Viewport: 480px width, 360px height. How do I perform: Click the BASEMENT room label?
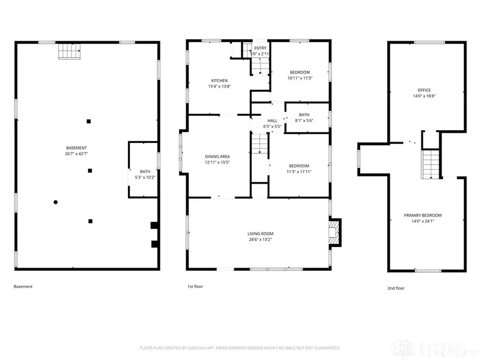point(77,148)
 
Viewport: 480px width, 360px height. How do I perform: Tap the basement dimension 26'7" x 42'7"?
point(77,154)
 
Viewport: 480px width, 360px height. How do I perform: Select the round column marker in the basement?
point(55,202)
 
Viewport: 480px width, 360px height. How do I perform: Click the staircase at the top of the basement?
point(69,52)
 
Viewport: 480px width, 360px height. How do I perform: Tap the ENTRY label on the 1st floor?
point(260,49)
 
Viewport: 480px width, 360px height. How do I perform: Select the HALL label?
point(273,121)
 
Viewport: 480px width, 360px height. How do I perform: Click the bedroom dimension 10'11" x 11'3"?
point(300,78)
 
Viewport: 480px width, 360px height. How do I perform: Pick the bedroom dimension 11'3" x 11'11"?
point(299,172)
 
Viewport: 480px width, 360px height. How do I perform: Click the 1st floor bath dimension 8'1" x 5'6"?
point(304,121)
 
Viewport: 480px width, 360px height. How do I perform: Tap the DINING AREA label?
point(218,156)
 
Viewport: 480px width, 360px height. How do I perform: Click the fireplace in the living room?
point(334,233)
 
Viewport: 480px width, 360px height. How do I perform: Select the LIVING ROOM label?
point(260,234)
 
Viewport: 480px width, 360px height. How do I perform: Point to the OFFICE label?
point(424,90)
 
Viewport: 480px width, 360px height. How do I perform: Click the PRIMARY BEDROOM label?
point(422,215)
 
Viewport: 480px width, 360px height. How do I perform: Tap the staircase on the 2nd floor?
point(430,164)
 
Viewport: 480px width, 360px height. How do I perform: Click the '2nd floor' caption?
point(396,288)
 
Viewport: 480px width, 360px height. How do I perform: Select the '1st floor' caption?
point(195,286)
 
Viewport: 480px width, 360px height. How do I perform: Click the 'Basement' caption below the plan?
point(23,286)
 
